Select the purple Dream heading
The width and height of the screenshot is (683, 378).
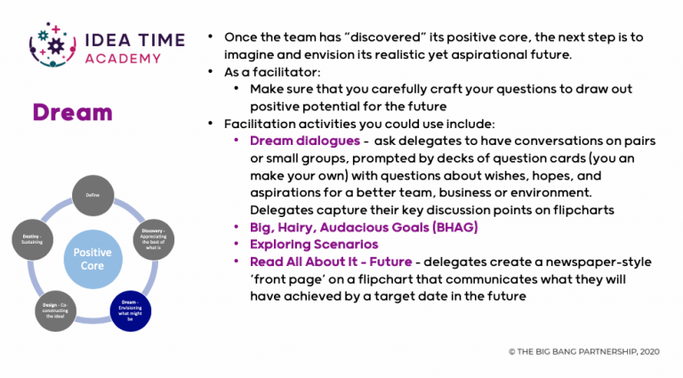[x=72, y=112]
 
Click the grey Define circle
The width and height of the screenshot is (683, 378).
[x=92, y=194]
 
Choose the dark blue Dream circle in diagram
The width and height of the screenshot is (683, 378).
[x=131, y=310]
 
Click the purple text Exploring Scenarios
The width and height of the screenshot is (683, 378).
[x=314, y=244]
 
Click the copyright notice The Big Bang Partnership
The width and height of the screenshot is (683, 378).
[x=585, y=352]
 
